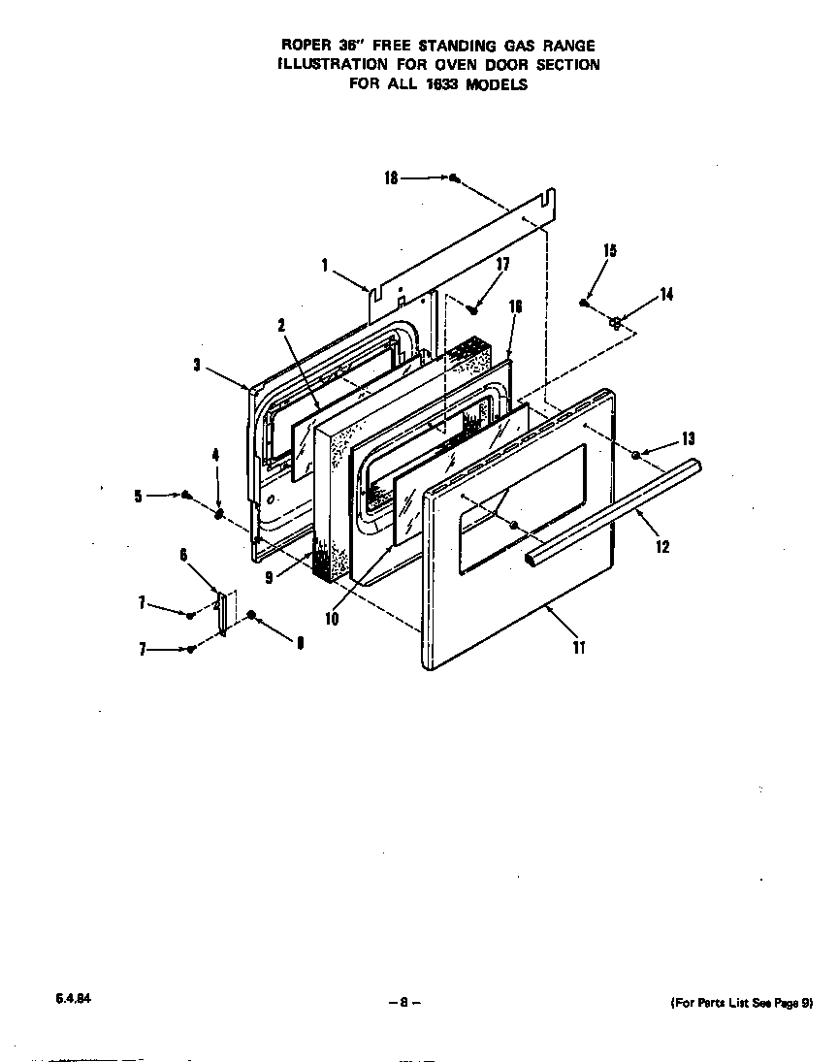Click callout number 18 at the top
(391, 178)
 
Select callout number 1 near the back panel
(325, 264)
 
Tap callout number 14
(666, 295)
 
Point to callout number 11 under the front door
(579, 648)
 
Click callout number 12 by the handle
(662, 547)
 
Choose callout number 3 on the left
(197, 366)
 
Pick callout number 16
(515, 306)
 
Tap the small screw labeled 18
(453, 177)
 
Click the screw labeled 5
(185, 495)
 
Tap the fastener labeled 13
(635, 454)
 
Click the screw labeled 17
(472, 309)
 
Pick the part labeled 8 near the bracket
(252, 615)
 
